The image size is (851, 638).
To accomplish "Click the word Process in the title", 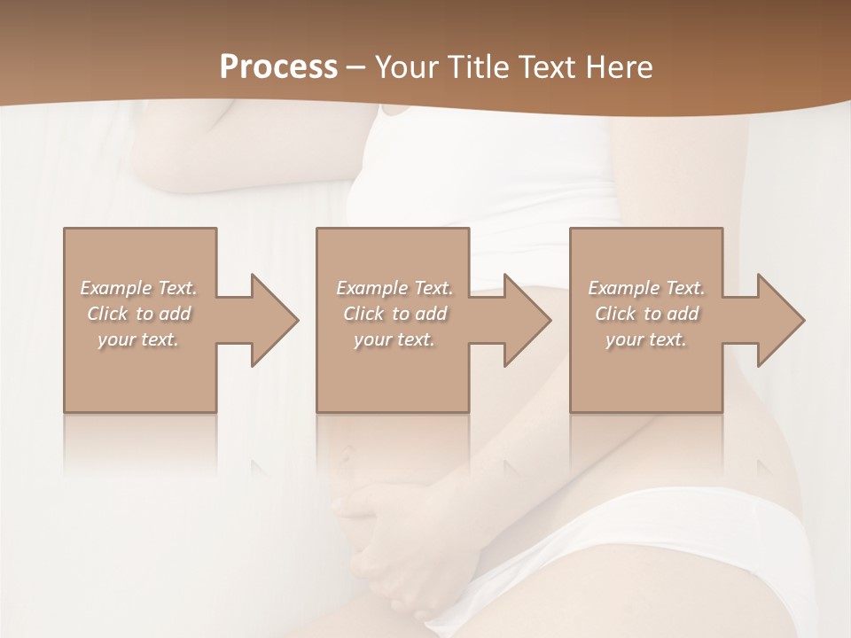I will pos(278,66).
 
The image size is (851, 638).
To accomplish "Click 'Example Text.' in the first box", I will pos(138,288).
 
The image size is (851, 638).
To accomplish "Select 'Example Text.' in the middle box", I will pos(394,288).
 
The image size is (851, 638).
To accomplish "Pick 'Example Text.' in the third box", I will pos(646,288).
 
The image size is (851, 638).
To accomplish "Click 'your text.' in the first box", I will pos(138,339).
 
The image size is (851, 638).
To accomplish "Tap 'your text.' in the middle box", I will pos(394,339).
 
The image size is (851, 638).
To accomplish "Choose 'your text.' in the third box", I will pos(646,339).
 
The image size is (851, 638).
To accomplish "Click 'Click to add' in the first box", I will pos(138,314).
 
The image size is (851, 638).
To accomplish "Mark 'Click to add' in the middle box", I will pos(394,314).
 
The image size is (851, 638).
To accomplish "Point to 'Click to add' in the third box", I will pos(646,314).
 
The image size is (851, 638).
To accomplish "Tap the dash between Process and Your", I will pos(356,67).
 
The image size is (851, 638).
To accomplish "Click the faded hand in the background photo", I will pos(390,541).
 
